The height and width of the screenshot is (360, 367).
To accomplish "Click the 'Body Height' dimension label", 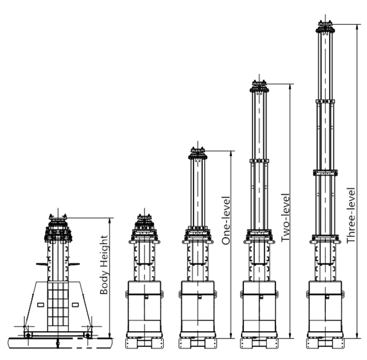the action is click(x=104, y=264).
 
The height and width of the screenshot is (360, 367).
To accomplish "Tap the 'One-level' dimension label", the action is click(x=226, y=220).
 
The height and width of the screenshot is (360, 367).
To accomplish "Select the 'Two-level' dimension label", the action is click(x=285, y=218).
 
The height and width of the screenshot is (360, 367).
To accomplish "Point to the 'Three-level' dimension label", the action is click(x=351, y=215).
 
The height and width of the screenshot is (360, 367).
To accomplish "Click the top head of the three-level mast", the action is click(x=325, y=27).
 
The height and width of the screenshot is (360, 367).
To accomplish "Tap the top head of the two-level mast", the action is click(x=259, y=86).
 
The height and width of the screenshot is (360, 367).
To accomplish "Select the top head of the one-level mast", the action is click(x=198, y=153).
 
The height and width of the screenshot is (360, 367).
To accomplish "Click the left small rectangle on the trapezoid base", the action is click(x=41, y=305).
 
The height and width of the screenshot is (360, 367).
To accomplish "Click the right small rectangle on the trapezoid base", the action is click(x=75, y=305).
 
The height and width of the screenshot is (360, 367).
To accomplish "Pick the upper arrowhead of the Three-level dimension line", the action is click(x=357, y=27).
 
